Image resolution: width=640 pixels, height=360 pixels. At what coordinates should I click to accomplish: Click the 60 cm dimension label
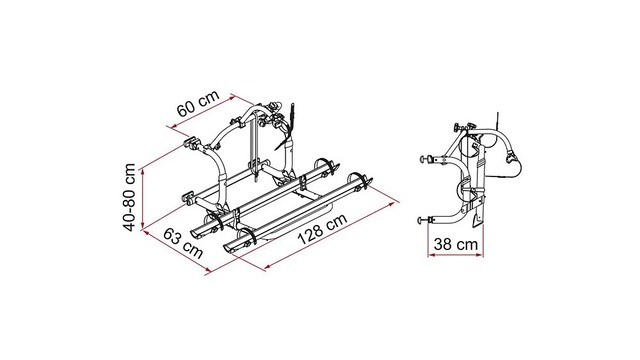(x=198, y=103)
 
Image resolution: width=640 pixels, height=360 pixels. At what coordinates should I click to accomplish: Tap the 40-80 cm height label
(x=129, y=198)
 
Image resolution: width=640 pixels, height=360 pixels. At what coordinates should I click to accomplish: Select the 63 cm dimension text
(x=183, y=243)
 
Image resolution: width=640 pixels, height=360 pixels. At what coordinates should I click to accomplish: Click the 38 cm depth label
(x=456, y=244)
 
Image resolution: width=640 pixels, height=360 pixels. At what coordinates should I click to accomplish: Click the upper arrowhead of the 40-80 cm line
(x=142, y=171)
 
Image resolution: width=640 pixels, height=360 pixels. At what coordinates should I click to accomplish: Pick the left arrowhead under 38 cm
(x=431, y=255)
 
